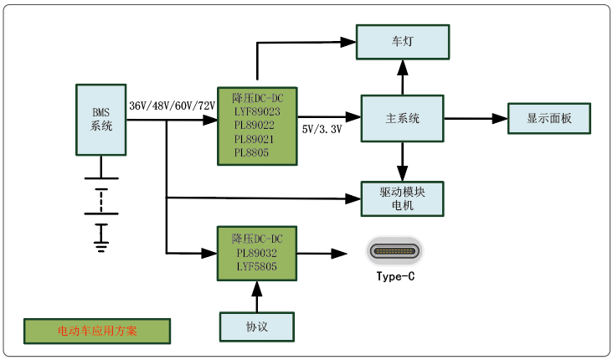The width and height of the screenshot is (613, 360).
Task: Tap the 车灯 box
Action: [x=402, y=41]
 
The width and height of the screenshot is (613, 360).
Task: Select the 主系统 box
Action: [x=402, y=118]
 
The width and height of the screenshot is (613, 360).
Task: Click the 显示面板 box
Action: [x=549, y=118]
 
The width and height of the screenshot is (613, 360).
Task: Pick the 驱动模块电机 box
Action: [x=402, y=198]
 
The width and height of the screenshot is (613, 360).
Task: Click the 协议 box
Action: [x=257, y=327]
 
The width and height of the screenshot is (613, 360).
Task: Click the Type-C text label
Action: [x=395, y=276]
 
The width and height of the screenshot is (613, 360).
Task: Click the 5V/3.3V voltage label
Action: [x=322, y=130]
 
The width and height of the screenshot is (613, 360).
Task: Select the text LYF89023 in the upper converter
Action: [x=257, y=111]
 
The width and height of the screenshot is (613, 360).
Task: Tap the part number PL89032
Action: [x=257, y=252]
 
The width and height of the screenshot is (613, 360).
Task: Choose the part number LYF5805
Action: [x=257, y=266]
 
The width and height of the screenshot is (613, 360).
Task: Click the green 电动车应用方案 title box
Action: [x=97, y=330]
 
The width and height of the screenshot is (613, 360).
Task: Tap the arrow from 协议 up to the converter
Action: [x=257, y=296]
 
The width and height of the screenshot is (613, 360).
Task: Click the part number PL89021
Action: [x=257, y=139]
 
